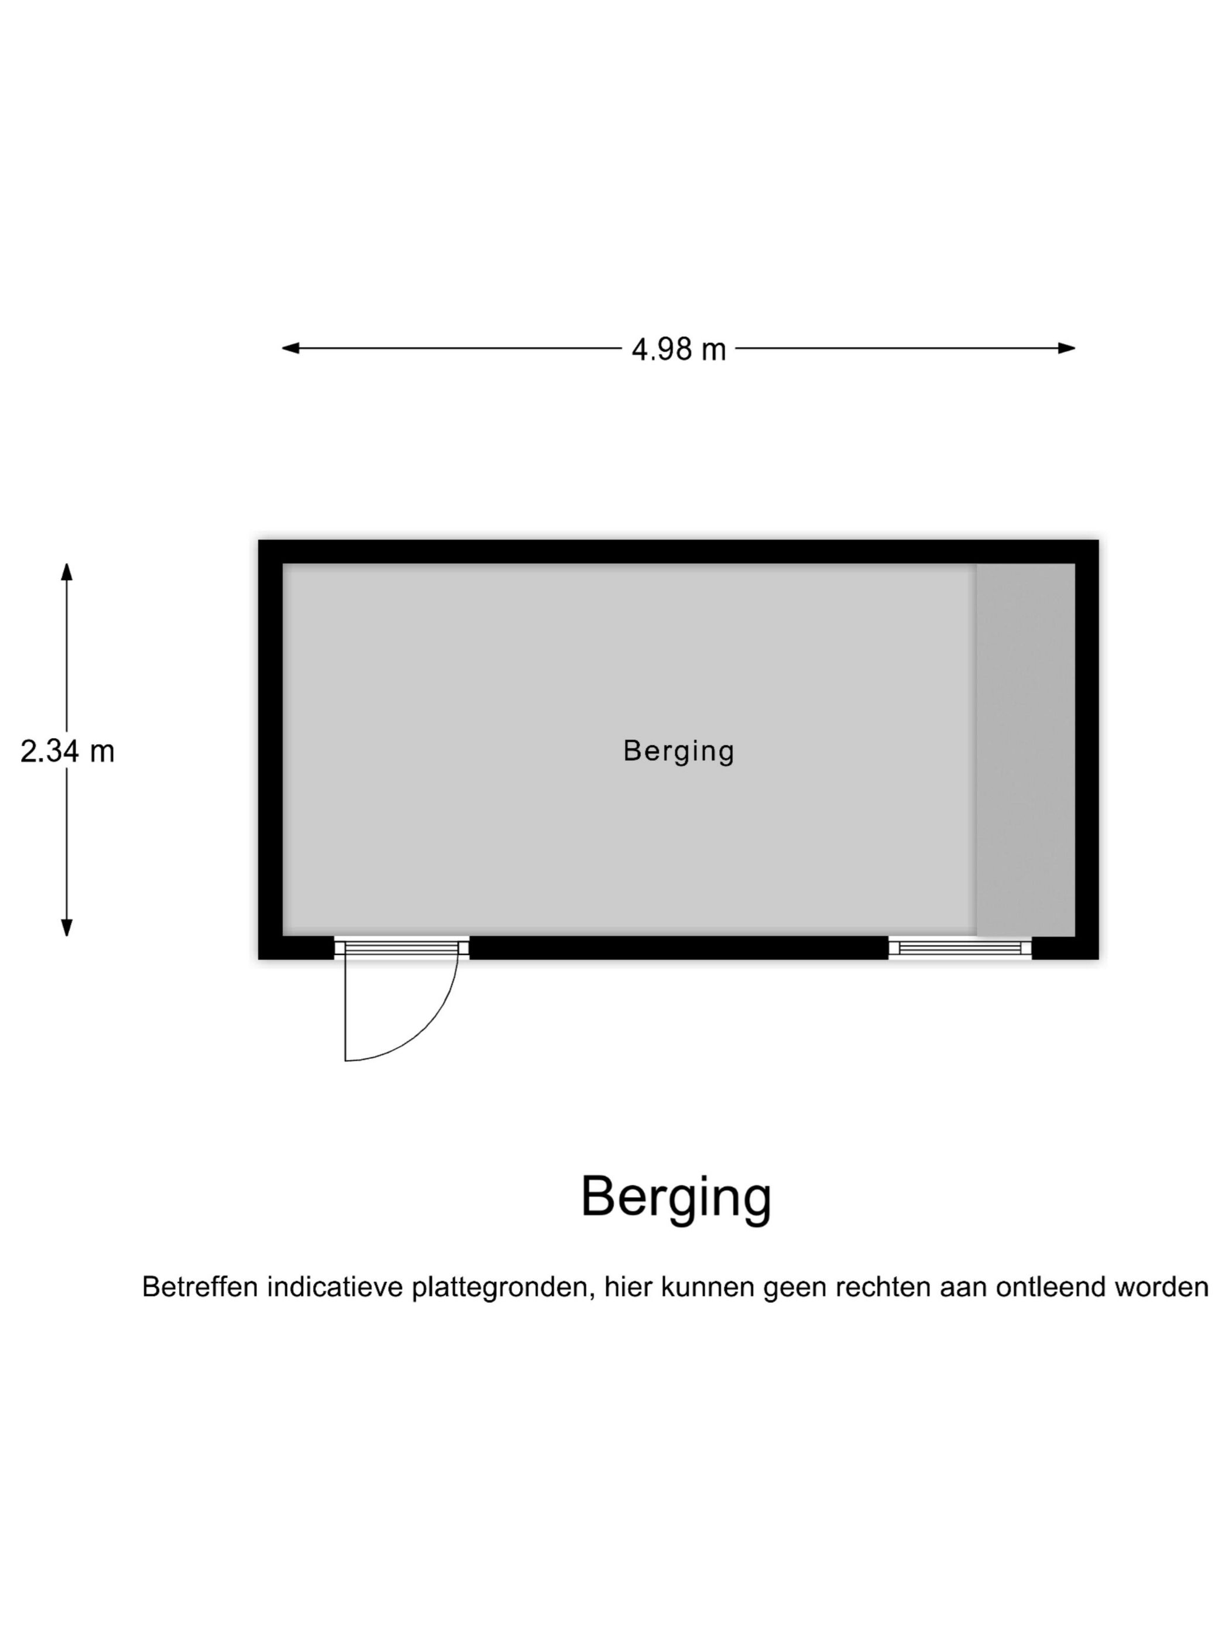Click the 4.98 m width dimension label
[678, 349]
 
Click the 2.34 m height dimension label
[67, 752]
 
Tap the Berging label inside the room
[678, 752]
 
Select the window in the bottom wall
[959, 948]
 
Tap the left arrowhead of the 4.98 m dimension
[290, 348]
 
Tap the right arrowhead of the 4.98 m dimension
[1066, 348]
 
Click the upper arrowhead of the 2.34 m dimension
[67, 572]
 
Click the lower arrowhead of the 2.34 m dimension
[67, 928]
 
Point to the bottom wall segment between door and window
[678, 948]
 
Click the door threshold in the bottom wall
[401, 947]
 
